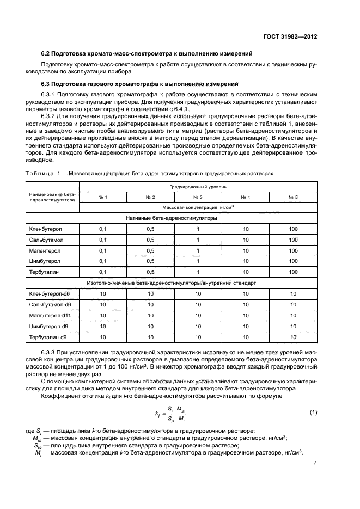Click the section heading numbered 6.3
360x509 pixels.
click(x=140, y=84)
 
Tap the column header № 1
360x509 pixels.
click(x=102, y=197)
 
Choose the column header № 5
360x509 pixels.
click(x=293, y=197)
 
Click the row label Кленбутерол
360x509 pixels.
click(x=45, y=229)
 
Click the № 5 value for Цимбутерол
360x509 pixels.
click(x=293, y=261)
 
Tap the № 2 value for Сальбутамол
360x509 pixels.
click(x=150, y=240)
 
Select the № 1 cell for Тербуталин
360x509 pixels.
click(x=102, y=272)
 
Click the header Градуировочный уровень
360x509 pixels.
click(x=197, y=186)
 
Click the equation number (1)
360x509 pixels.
click(x=313, y=412)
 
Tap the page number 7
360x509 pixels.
click(x=315, y=463)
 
